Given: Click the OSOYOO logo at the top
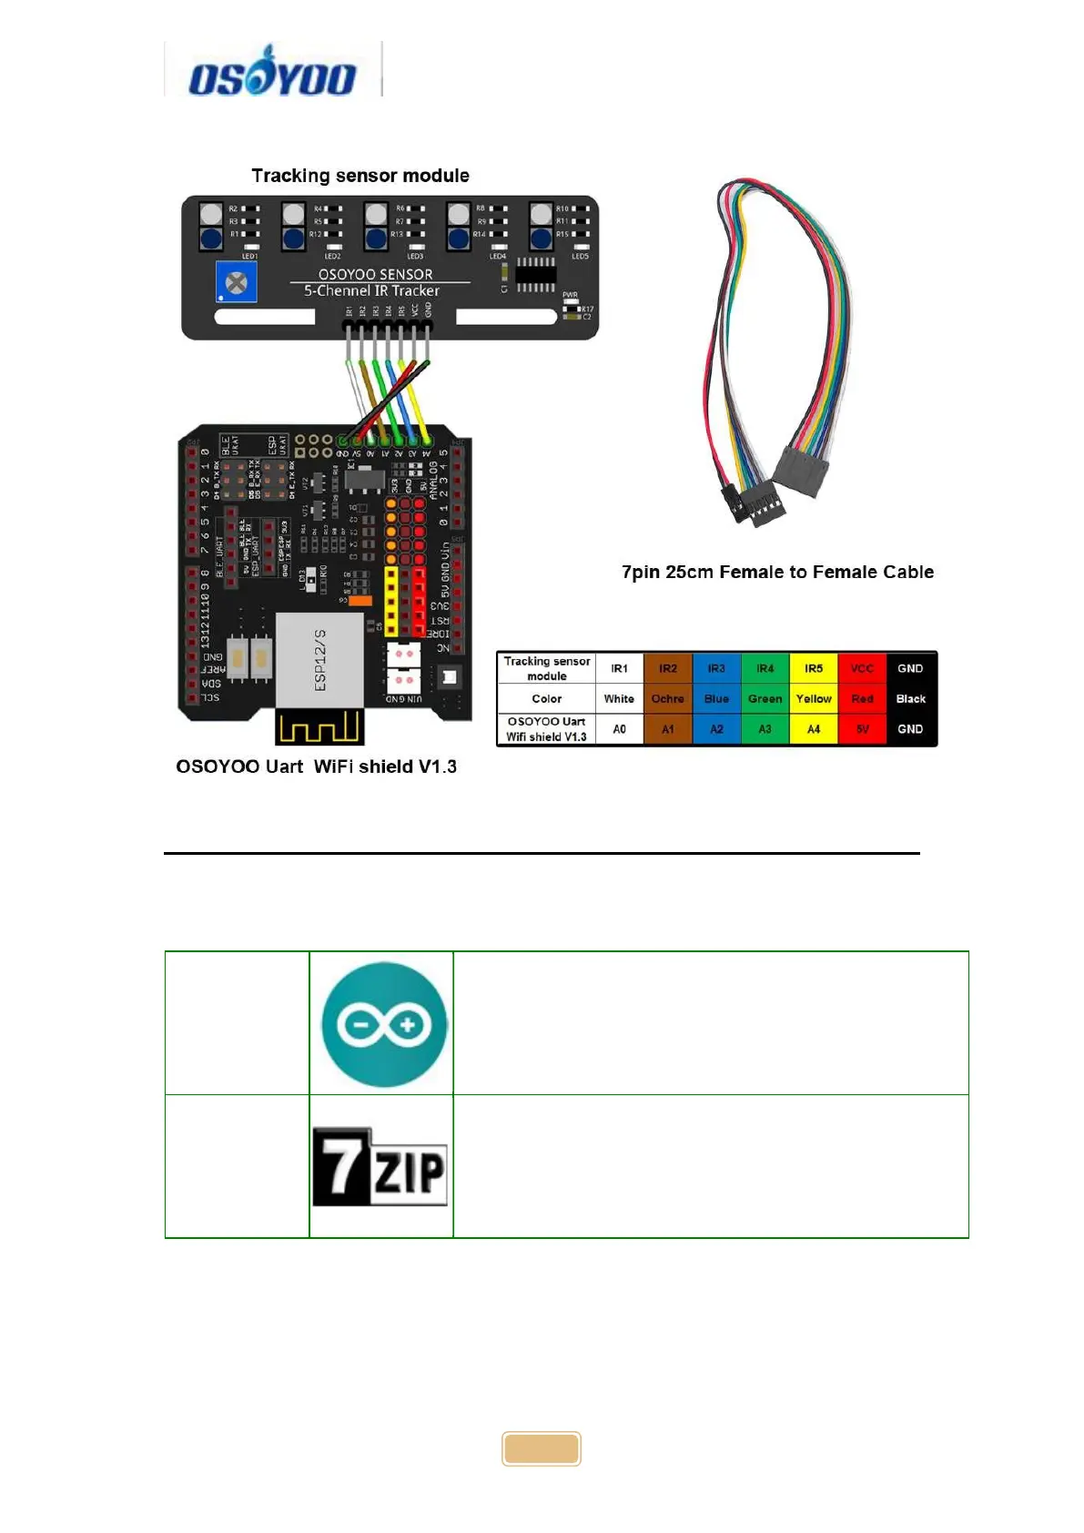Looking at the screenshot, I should tap(271, 72).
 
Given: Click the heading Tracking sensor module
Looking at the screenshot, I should tap(360, 176).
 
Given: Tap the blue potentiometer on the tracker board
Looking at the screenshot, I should tap(236, 283).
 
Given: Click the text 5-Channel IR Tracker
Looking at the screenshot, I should tap(371, 291).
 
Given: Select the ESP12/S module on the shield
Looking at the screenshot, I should tap(319, 659).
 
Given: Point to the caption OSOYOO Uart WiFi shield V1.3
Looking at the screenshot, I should tap(316, 766).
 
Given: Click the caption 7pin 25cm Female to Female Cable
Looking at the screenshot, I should tap(777, 572).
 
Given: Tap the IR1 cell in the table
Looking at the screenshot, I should tap(619, 668).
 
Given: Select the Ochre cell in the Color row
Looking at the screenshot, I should tap(667, 699).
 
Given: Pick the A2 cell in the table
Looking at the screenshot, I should tap(716, 729).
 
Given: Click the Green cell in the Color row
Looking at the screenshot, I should tap(765, 699).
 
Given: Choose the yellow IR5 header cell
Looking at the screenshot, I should tap(814, 668).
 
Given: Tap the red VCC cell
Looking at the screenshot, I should tap(862, 668).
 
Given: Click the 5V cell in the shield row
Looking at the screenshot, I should tap(862, 729).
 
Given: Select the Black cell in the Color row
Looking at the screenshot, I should tap(910, 699).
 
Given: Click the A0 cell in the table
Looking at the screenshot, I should tap(619, 729).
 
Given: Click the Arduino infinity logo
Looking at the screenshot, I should tap(384, 1024).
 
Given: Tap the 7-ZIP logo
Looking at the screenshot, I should tap(380, 1167).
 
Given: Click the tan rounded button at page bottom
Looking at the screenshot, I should tap(542, 1448).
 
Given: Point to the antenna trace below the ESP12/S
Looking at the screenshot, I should tap(319, 726).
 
